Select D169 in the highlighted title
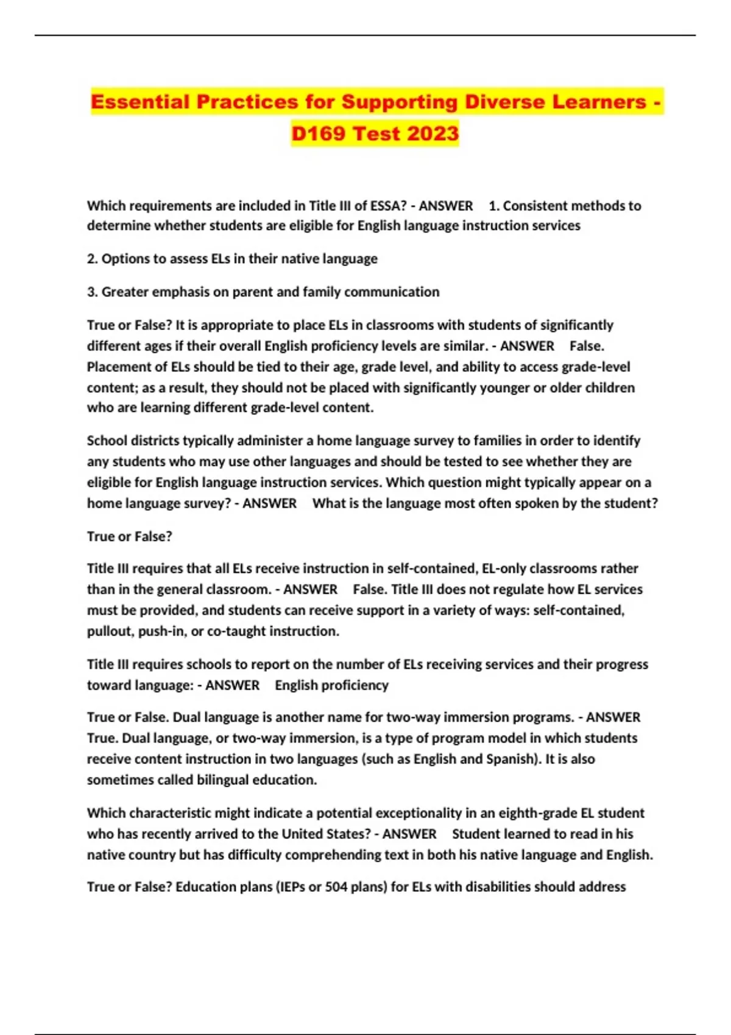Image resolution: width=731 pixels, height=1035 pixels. click(x=319, y=133)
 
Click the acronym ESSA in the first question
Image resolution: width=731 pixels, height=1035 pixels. click(x=383, y=206)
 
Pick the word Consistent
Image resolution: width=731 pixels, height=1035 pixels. click(x=537, y=206)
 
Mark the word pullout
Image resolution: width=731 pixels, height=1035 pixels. click(x=110, y=631)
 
